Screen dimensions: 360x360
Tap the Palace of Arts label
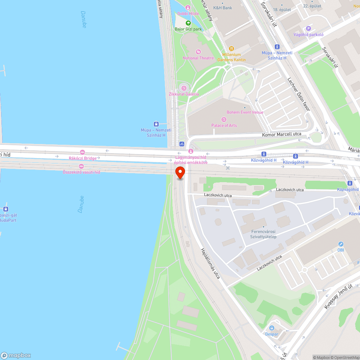[224, 125]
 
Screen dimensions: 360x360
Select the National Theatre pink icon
[198, 52]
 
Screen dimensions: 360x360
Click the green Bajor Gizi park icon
[188, 23]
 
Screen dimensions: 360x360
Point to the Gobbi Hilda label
[188, 13]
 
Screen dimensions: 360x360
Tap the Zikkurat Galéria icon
[184, 87]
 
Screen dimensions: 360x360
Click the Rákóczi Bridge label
[82, 158]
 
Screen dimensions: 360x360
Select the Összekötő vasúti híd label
[81, 172]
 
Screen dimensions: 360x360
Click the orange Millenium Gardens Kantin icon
[231, 49]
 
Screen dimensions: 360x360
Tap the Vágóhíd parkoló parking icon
[308, 28]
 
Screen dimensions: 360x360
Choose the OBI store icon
[341, 244]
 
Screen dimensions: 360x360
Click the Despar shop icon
[272, 328]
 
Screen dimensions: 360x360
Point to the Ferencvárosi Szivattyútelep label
[263, 234]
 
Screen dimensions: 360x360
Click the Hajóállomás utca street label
[210, 263]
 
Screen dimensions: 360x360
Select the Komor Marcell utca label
[282, 134]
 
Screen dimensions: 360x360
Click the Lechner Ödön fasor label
[298, 95]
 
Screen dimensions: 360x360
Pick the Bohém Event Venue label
[245, 112]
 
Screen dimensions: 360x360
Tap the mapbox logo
[16, 355]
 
